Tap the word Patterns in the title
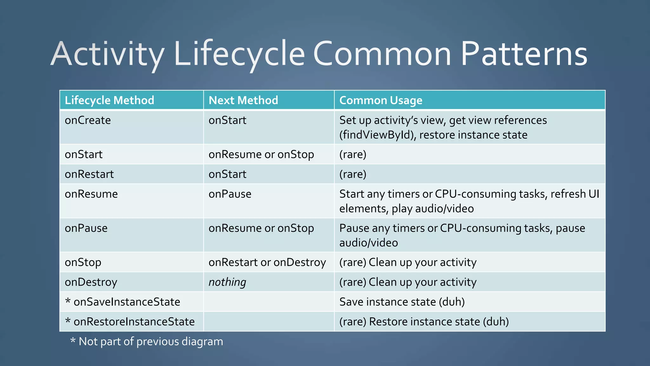pyautogui.click(x=524, y=54)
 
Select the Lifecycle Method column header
pyautogui.click(x=109, y=100)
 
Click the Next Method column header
pyautogui.click(x=243, y=100)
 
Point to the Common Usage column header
pyautogui.click(x=381, y=100)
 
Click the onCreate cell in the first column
pyautogui.click(x=88, y=120)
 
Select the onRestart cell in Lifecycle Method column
pyautogui.click(x=89, y=174)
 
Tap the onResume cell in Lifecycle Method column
pyautogui.click(x=91, y=194)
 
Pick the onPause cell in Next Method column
pyautogui.click(x=230, y=194)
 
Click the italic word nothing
pyautogui.click(x=227, y=282)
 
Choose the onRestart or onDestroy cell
pyautogui.click(x=267, y=262)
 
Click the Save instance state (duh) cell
pyautogui.click(x=402, y=302)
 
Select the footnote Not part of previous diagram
pyautogui.click(x=150, y=342)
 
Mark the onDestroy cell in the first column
pyautogui.click(x=91, y=282)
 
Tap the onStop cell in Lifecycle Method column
pyautogui.click(x=83, y=262)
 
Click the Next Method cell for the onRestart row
pyautogui.click(x=227, y=174)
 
